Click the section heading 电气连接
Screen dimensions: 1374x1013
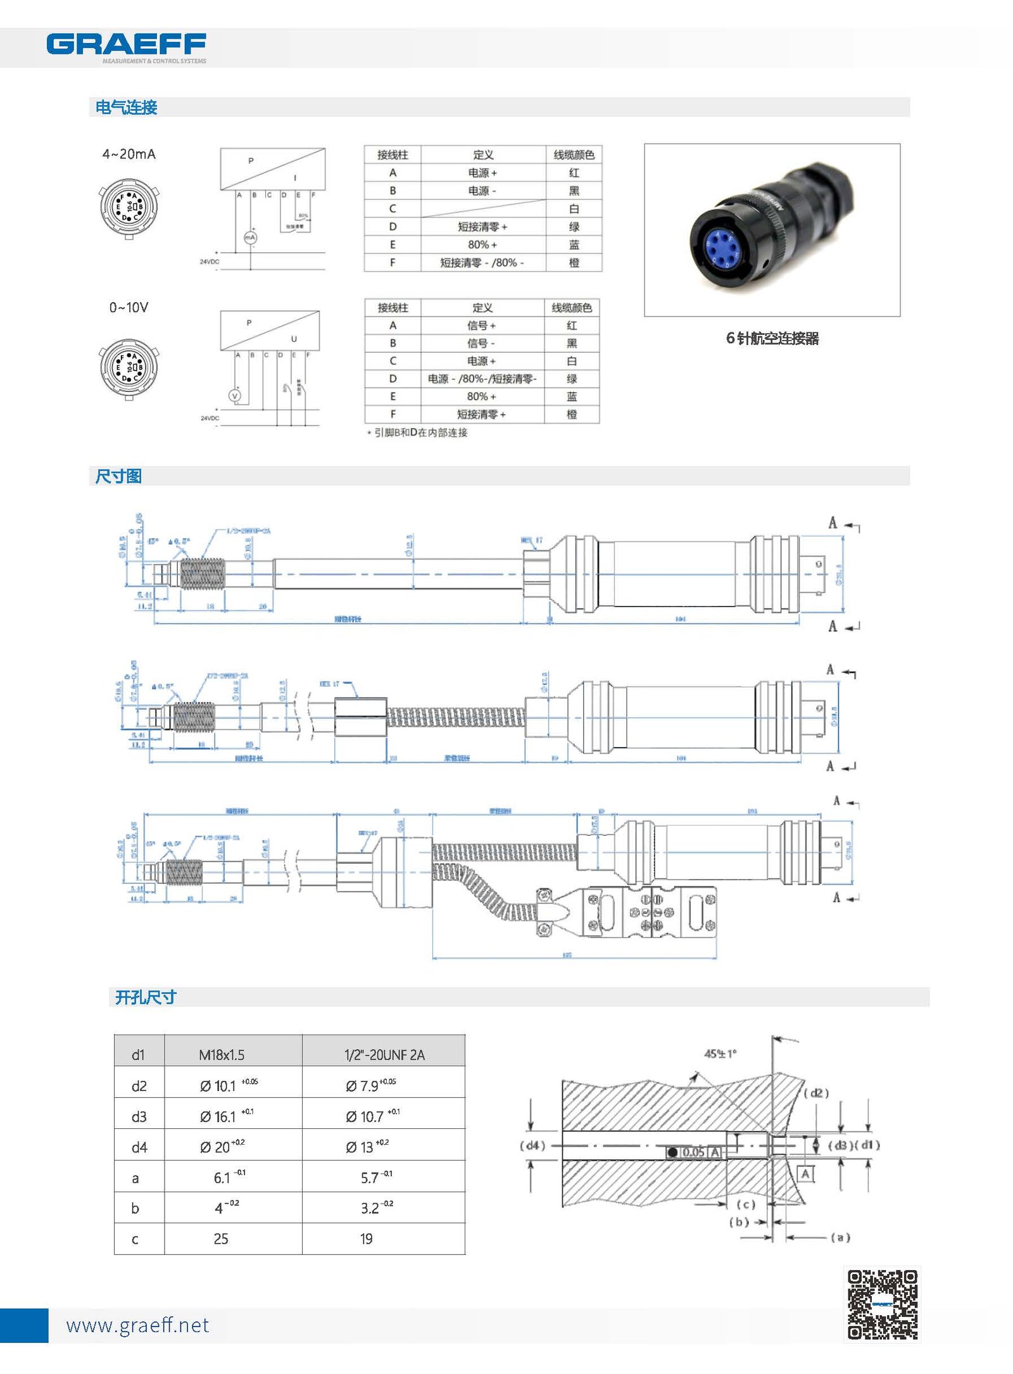(126, 107)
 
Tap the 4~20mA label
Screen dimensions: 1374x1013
(129, 154)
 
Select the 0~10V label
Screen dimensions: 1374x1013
(129, 308)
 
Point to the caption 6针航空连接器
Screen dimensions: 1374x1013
(772, 338)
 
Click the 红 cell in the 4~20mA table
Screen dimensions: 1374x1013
(574, 173)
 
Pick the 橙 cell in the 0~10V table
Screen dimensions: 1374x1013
(571, 414)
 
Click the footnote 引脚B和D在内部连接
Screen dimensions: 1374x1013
(420, 432)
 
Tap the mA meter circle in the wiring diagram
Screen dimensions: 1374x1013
(251, 237)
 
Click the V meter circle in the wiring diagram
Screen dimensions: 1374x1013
(236, 396)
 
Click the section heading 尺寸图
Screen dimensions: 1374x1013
(118, 476)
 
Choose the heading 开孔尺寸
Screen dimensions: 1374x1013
(146, 997)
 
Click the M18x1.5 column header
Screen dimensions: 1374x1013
(222, 1054)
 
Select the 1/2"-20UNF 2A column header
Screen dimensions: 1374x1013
(384, 1054)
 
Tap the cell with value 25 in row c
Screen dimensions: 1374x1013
(221, 1238)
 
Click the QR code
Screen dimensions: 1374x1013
(882, 1304)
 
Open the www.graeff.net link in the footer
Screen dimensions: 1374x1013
(137, 1325)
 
